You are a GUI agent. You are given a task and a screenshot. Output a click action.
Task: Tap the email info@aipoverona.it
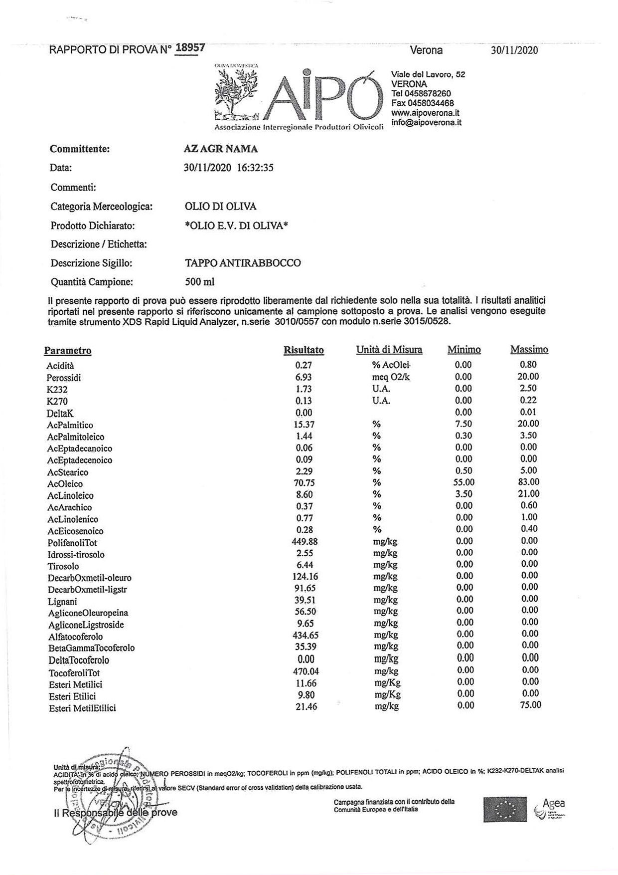(426, 122)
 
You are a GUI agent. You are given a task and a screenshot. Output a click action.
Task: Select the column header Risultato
(304, 350)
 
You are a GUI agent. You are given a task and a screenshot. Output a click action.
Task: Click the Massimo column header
(529, 350)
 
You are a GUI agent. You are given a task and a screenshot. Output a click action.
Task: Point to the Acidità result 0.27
(304, 365)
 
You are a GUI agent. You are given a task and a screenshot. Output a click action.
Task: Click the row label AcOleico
(65, 484)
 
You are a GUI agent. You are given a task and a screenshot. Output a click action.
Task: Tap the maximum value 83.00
(529, 482)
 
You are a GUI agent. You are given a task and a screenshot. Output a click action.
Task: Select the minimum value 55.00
(463, 482)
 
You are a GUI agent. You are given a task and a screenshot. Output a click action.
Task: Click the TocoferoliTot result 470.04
(306, 672)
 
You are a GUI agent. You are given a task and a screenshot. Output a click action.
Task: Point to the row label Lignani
(62, 602)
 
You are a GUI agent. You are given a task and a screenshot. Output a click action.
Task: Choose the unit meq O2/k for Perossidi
(391, 377)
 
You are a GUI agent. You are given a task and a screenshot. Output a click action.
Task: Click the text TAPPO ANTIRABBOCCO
(243, 263)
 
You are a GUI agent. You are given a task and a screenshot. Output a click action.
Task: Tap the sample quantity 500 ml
(199, 282)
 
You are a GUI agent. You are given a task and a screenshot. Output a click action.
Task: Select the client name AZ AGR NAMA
(221, 149)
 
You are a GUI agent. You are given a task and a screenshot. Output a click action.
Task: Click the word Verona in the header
(426, 50)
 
